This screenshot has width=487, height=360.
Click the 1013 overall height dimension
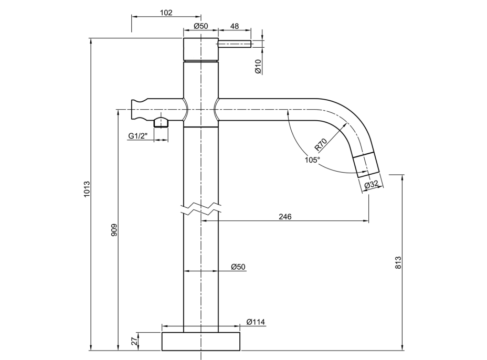[87, 188]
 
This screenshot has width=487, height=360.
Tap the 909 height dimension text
[114, 230]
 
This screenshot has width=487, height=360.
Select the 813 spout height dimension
[398, 262]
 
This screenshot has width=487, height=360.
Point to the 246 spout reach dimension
[285, 217]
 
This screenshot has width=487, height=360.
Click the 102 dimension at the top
[166, 13]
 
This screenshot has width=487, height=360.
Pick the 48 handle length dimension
[235, 26]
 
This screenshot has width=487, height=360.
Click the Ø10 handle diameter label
[258, 67]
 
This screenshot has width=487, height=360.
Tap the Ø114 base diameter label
[256, 322]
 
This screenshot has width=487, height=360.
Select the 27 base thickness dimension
[134, 341]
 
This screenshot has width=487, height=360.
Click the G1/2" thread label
[138, 136]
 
